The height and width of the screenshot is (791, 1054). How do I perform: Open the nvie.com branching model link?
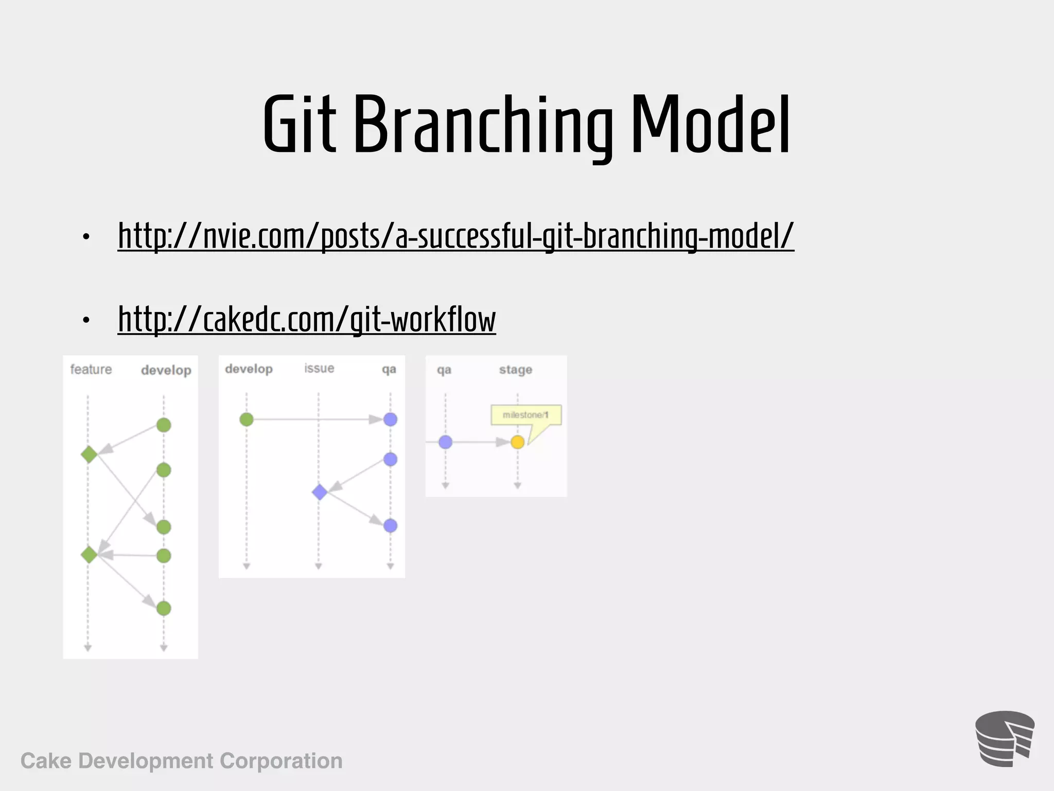pyautogui.click(x=455, y=236)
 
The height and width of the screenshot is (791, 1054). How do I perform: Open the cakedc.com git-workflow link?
pyautogui.click(x=307, y=319)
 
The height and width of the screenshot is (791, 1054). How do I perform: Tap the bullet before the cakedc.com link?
pyautogui.click(x=86, y=320)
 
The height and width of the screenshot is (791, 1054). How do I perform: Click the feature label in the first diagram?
pyautogui.click(x=91, y=369)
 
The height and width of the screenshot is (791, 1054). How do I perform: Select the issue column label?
pyautogui.click(x=319, y=368)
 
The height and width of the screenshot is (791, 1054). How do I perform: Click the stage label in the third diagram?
pyautogui.click(x=516, y=369)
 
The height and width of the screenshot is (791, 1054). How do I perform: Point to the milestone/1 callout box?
pyautogui.click(x=525, y=415)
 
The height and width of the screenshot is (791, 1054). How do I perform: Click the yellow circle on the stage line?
pyautogui.click(x=518, y=442)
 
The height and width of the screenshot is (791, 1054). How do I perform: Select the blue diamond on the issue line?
pyautogui.click(x=320, y=492)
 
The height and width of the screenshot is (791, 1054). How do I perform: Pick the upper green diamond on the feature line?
pyautogui.click(x=89, y=454)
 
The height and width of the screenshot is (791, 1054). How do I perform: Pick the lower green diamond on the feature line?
pyautogui.click(x=89, y=555)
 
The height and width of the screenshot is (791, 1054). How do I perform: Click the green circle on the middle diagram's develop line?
pyautogui.click(x=247, y=419)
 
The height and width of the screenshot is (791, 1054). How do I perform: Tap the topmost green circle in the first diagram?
pyautogui.click(x=164, y=425)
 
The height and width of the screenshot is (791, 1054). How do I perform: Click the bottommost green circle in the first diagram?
pyautogui.click(x=164, y=608)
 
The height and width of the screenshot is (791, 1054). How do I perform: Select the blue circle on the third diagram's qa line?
pyautogui.click(x=446, y=442)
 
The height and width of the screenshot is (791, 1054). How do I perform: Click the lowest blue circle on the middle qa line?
pyautogui.click(x=391, y=525)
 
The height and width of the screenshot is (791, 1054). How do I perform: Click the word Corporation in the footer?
pyautogui.click(x=281, y=761)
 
